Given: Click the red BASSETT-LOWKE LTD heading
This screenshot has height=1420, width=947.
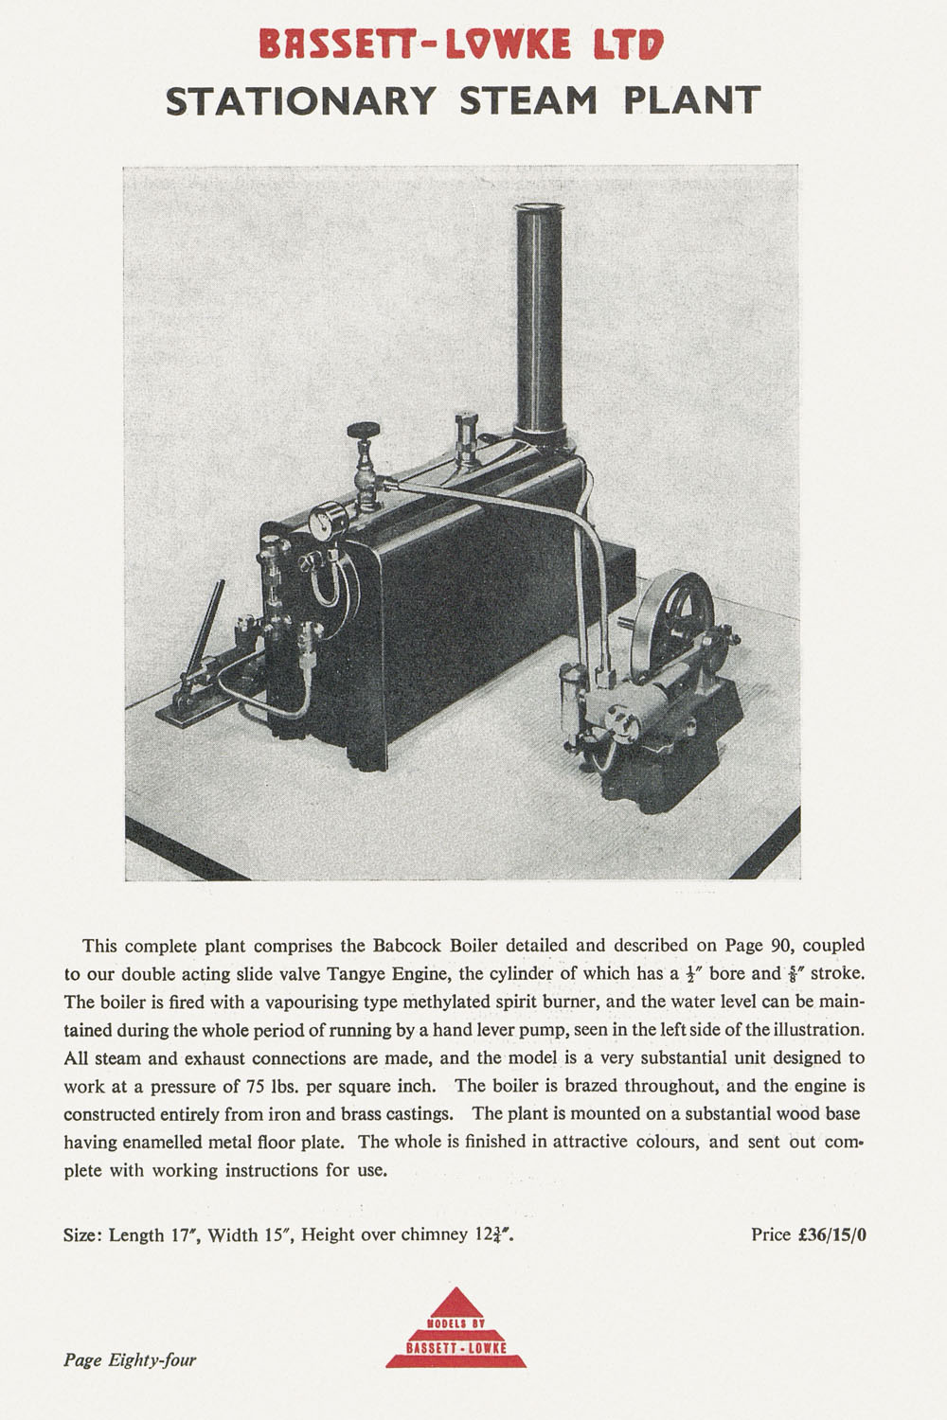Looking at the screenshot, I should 462,43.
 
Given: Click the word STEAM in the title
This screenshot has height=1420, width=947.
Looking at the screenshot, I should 528,99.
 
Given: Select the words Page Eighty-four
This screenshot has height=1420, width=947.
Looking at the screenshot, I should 130,1360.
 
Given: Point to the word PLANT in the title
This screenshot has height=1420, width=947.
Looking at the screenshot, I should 692,99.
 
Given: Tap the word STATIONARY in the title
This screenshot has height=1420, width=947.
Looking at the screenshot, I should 301,99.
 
